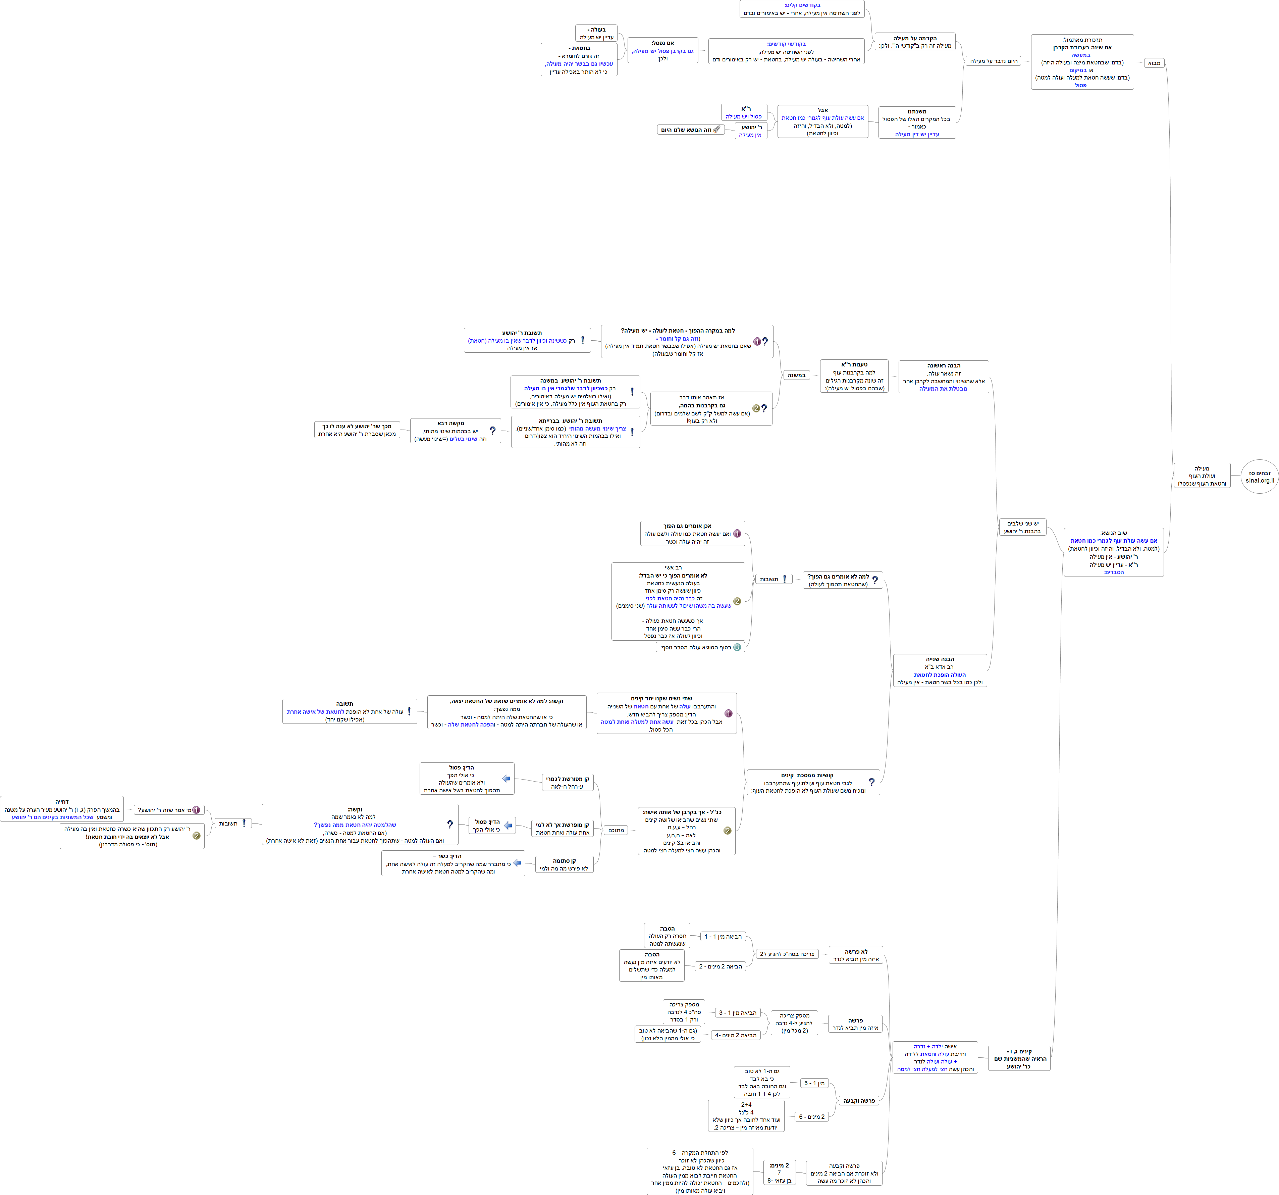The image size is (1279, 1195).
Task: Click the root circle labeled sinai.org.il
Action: click(x=1259, y=477)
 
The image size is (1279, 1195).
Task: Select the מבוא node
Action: click(x=1154, y=63)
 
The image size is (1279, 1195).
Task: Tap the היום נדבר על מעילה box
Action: click(x=993, y=61)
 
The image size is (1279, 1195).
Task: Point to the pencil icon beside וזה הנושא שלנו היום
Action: click(x=717, y=129)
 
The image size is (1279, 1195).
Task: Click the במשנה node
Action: click(x=796, y=375)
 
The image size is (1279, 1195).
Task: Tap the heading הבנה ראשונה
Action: click(x=944, y=365)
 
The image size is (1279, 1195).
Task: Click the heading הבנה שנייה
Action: click(x=940, y=660)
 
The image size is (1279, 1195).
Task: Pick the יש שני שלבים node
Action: click(x=1022, y=527)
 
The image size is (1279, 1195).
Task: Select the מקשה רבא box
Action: click(x=456, y=431)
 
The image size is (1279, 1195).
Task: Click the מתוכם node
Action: click(x=616, y=830)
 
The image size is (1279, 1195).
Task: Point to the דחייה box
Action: click(x=62, y=809)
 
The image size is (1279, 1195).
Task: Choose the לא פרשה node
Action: click(x=856, y=955)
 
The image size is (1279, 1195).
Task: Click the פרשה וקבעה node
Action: click(x=859, y=1100)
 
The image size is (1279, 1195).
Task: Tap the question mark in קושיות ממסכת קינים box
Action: click(x=871, y=782)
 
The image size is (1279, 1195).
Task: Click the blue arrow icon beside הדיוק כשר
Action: click(x=517, y=863)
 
